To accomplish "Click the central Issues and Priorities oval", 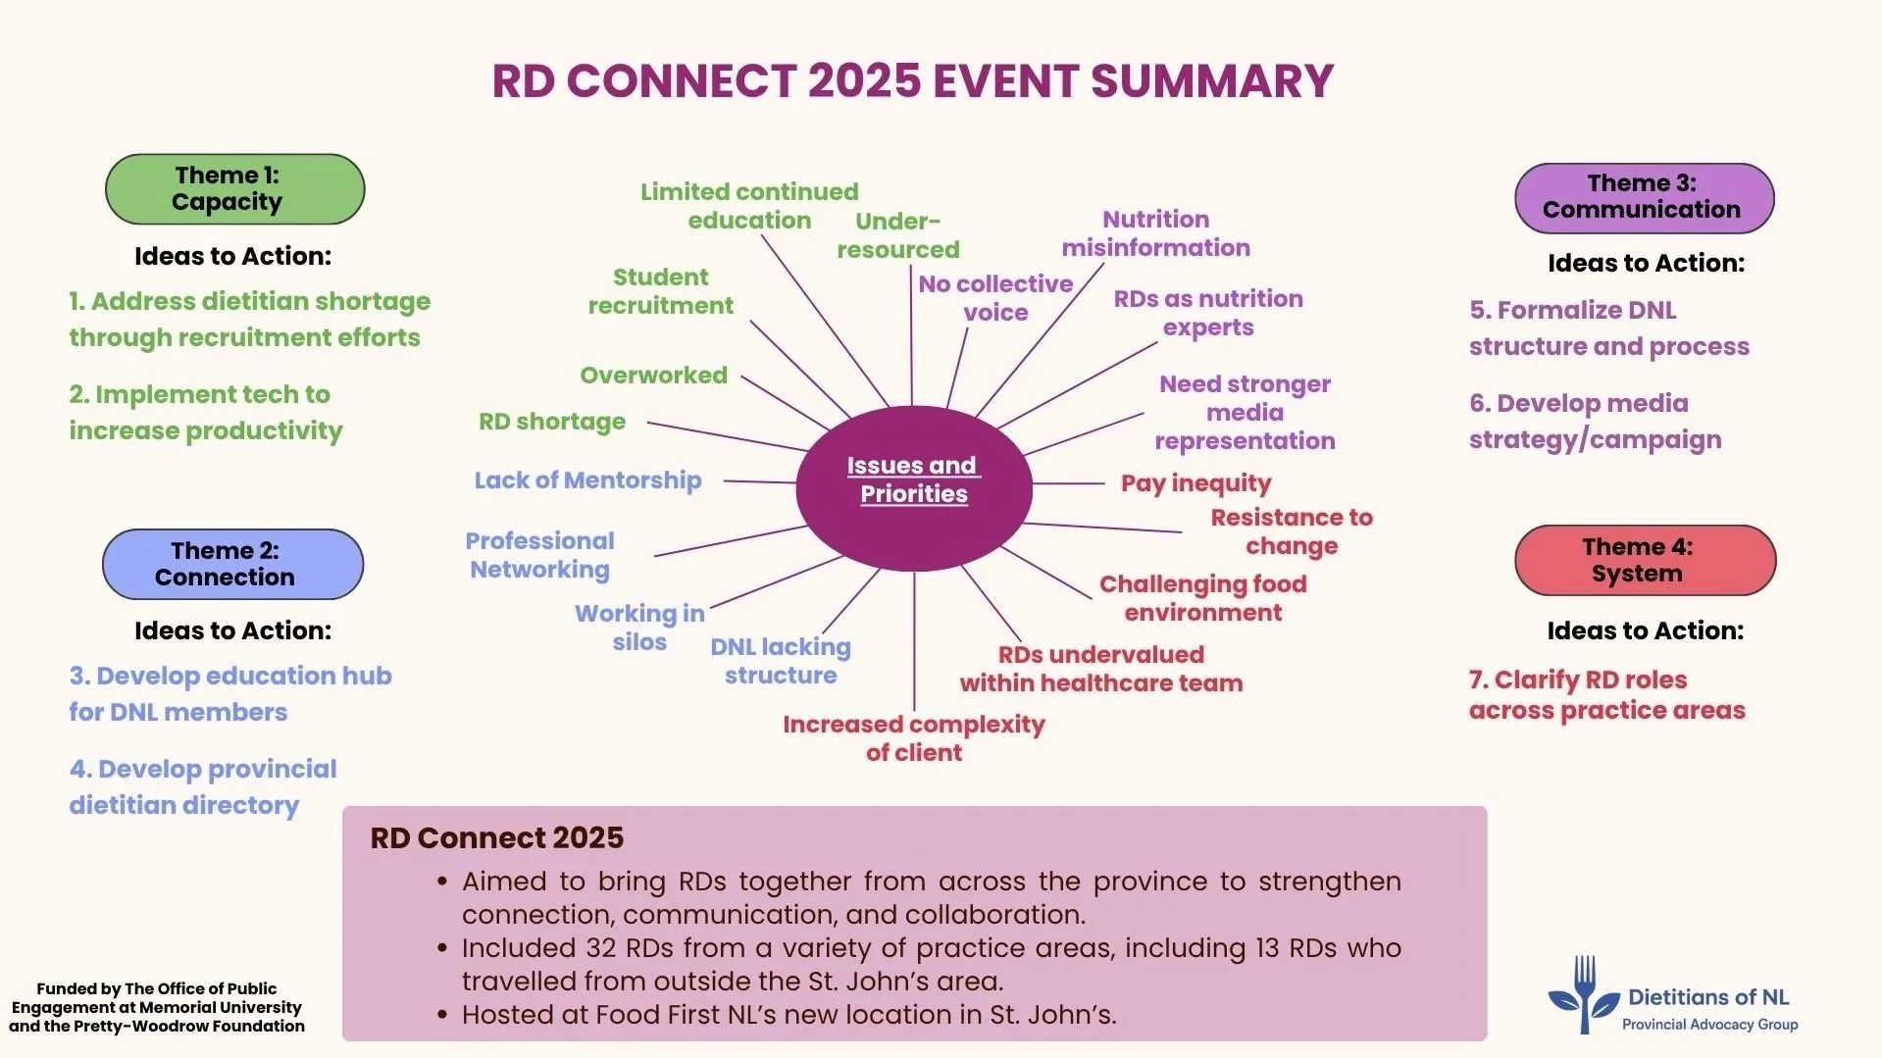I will pos(913,487).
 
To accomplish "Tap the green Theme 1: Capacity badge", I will pos(234,188).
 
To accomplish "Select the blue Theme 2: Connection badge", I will pos(232,564).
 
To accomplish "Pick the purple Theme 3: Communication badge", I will pos(1644,197).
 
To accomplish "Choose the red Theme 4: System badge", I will pos(1645,560).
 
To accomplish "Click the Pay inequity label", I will pos(1195,483).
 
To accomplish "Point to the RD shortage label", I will pos(551,422).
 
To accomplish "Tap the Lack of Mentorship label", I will pos(587,480).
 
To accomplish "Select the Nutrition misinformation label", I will pos(1155,233).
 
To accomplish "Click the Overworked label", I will pos(653,376).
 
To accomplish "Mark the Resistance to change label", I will pos(1291,531).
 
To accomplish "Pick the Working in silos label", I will pos(639,628).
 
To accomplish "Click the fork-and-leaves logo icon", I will pos(1583,994).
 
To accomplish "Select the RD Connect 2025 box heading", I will pos(496,838).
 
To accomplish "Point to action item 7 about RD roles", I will pos(1606,694).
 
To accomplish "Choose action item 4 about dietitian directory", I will pos(202,786).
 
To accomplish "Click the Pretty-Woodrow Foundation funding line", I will pos(157,1026).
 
